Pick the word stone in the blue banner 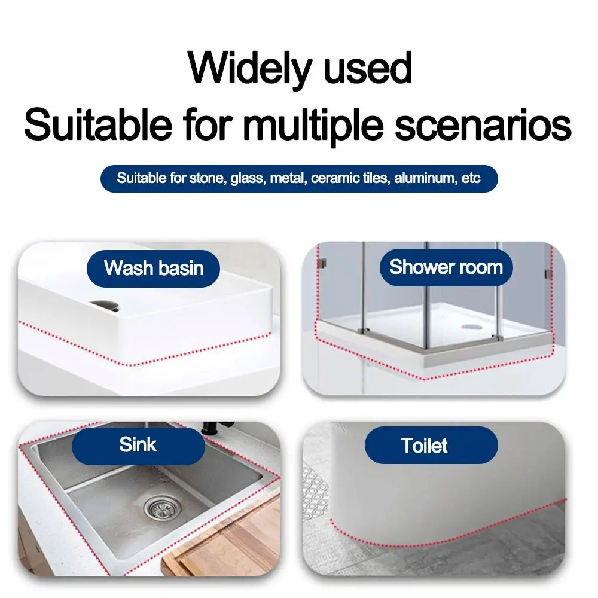206,178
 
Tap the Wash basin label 154,267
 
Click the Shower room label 446,267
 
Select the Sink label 138,444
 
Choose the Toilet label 425,446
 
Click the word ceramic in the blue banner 331,178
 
